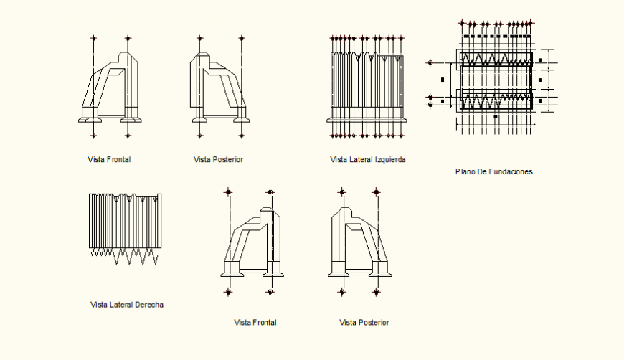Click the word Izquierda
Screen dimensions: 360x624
coord(389,160)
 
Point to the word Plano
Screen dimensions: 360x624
coord(465,172)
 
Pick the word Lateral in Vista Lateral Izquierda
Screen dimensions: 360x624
coord(360,160)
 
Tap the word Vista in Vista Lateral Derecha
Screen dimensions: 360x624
coord(99,305)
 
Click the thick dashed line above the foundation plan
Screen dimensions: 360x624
coord(497,37)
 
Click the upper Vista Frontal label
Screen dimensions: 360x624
coord(109,159)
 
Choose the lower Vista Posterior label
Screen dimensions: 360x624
coord(364,323)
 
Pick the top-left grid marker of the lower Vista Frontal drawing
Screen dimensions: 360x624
coord(228,192)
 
